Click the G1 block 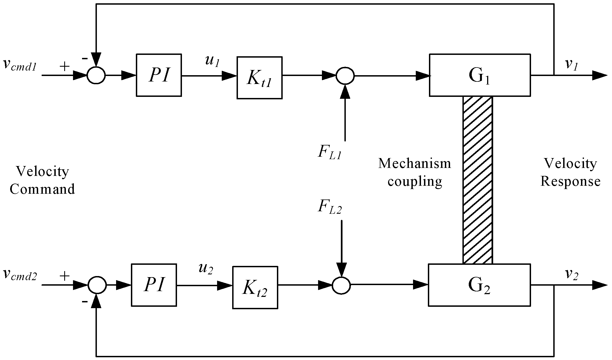pos(479,75)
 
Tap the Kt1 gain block pos(259,78)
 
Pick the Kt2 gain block pos(255,287)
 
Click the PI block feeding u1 pos(159,75)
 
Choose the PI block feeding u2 pos(154,285)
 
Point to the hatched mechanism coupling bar pos(478,180)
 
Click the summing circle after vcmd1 pos(96,75)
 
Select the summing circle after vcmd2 pos(97,285)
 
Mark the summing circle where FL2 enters pos(341,285)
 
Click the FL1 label pos(330,153)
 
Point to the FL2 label pos(330,206)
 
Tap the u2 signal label pos(206,269)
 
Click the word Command pos(42,189)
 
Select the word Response pos(570,181)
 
